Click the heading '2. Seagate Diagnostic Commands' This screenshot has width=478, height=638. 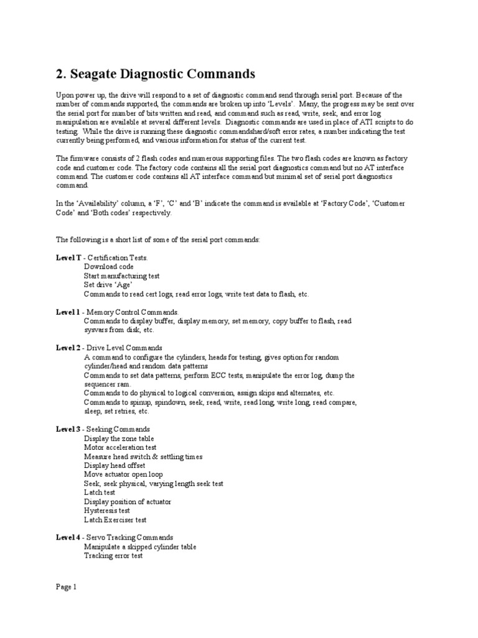click(156, 74)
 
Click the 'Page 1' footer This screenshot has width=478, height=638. click(66, 587)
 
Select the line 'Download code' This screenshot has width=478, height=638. click(109, 267)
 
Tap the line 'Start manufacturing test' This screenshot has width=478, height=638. click(121, 275)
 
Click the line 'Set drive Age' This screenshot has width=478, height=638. click(108, 285)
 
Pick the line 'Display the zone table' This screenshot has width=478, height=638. click(119, 439)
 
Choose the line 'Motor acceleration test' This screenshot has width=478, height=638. click(120, 447)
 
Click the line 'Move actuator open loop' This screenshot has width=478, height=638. click(123, 474)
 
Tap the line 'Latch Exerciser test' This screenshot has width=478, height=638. click(115, 520)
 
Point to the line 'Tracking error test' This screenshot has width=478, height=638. click(113, 555)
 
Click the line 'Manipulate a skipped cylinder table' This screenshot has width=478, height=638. click(140, 546)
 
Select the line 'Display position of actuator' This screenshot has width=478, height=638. click(128, 502)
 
